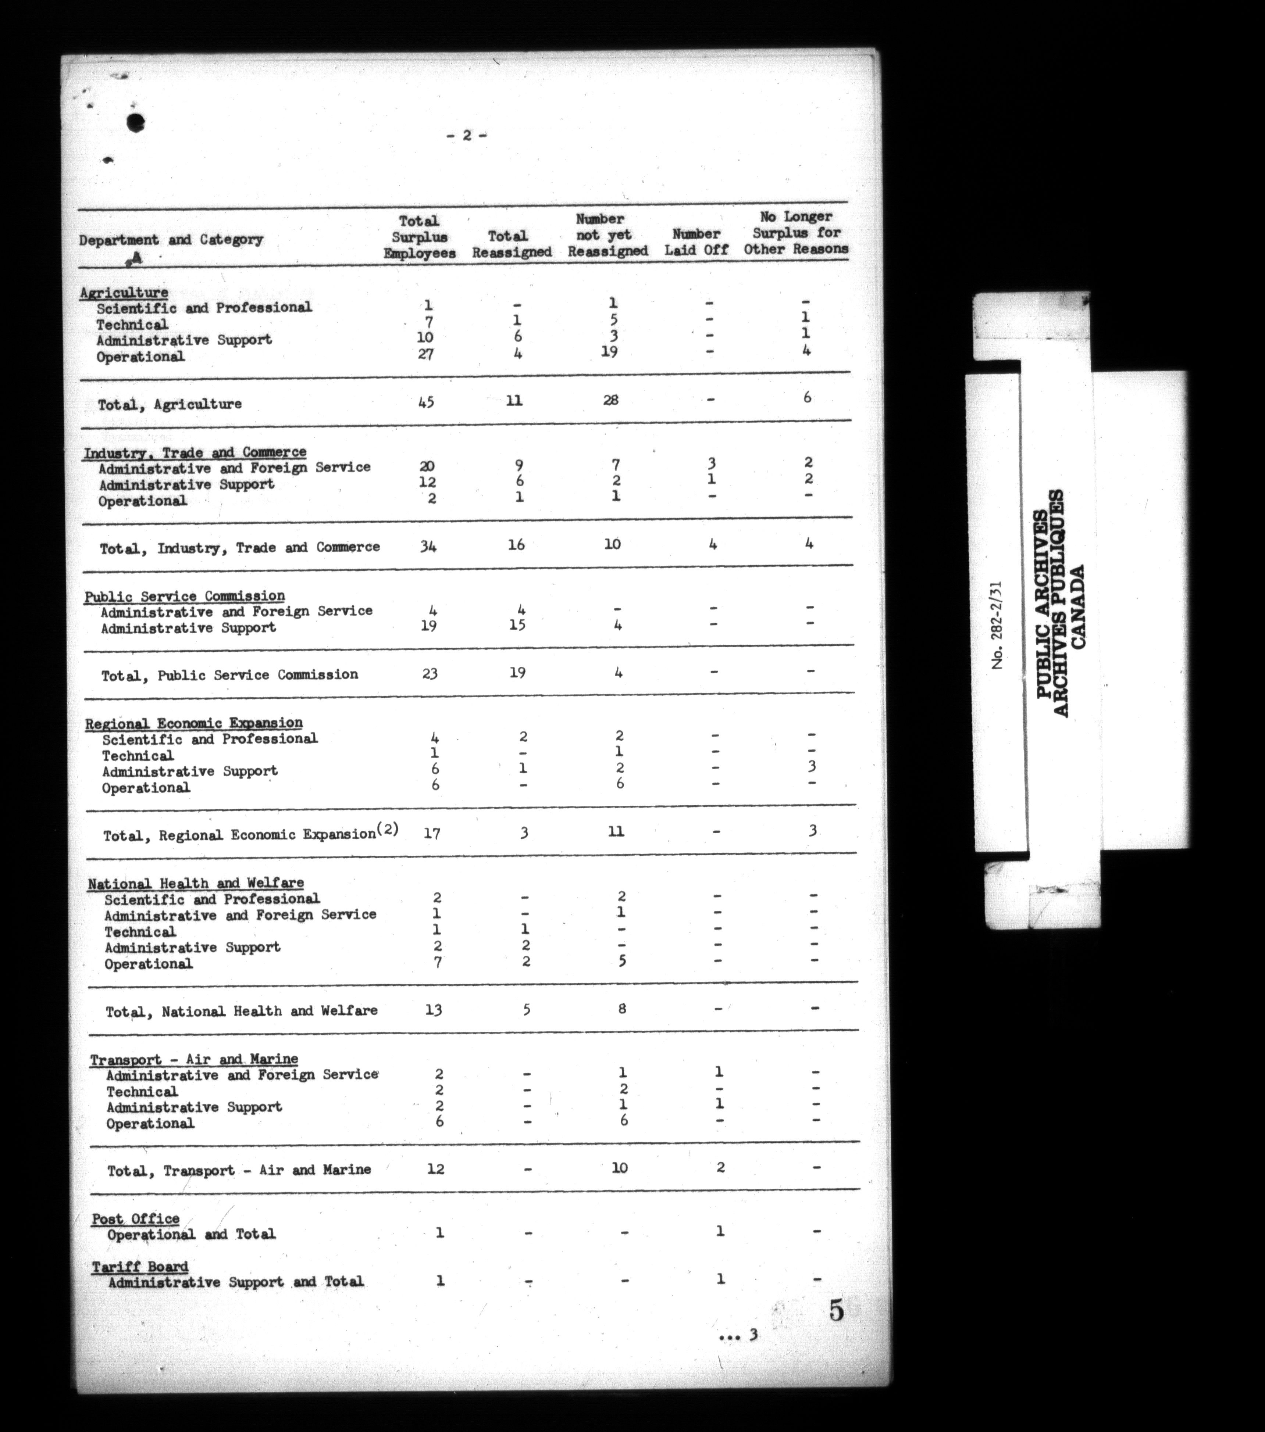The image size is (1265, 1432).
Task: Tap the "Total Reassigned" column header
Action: pyautogui.click(x=511, y=244)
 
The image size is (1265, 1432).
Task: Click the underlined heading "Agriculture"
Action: pyautogui.click(x=124, y=292)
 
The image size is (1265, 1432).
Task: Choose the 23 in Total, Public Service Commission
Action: pyautogui.click(x=430, y=673)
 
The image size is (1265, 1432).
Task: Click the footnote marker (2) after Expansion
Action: pyautogui.click(x=388, y=829)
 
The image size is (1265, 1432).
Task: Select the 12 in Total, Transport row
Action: pyautogui.click(x=435, y=1168)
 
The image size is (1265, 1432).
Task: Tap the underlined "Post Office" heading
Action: pyautogui.click(x=135, y=1218)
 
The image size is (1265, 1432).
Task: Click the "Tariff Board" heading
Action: pyautogui.click(x=140, y=1266)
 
